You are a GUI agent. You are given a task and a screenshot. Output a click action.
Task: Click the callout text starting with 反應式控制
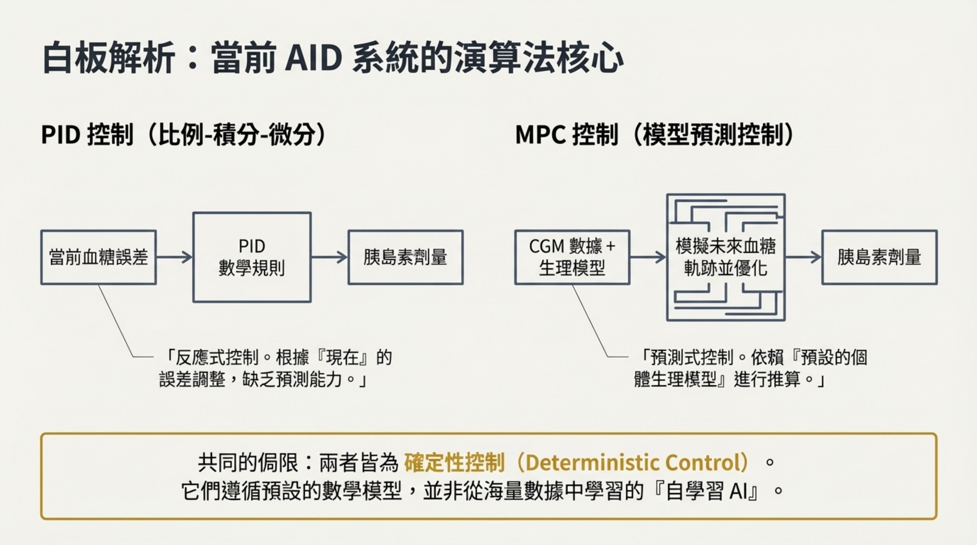[x=276, y=368]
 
